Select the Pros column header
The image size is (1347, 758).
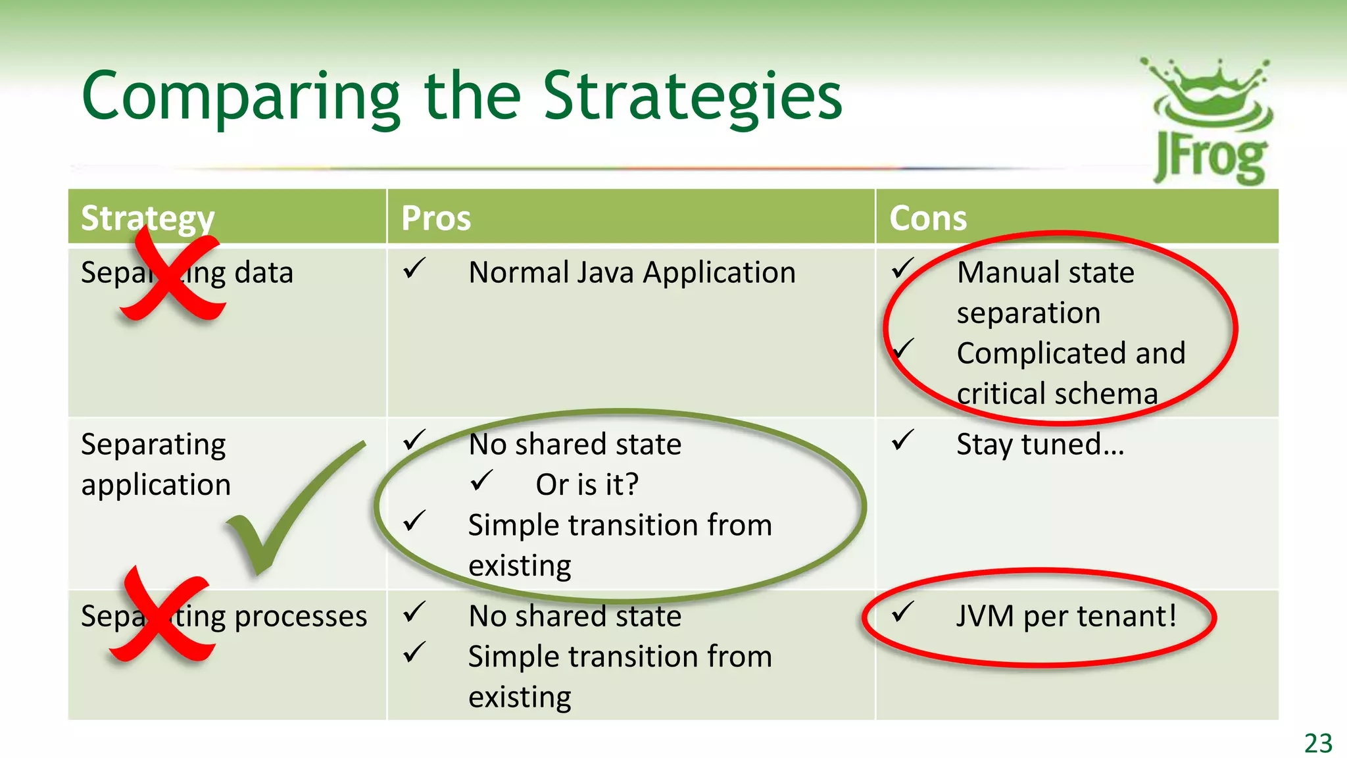(x=436, y=218)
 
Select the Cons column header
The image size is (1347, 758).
(x=927, y=218)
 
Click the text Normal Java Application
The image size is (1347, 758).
(x=631, y=272)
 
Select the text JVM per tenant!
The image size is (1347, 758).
(x=1065, y=617)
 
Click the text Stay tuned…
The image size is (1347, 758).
(x=1040, y=444)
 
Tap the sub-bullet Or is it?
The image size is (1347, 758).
(x=587, y=485)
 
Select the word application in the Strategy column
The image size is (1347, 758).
(x=156, y=486)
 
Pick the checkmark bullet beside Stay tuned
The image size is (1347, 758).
(x=902, y=440)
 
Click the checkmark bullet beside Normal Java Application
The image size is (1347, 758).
(x=414, y=268)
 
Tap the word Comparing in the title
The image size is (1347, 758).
(x=241, y=97)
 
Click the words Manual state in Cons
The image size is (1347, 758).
(x=1045, y=272)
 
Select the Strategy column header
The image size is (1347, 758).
(x=147, y=218)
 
